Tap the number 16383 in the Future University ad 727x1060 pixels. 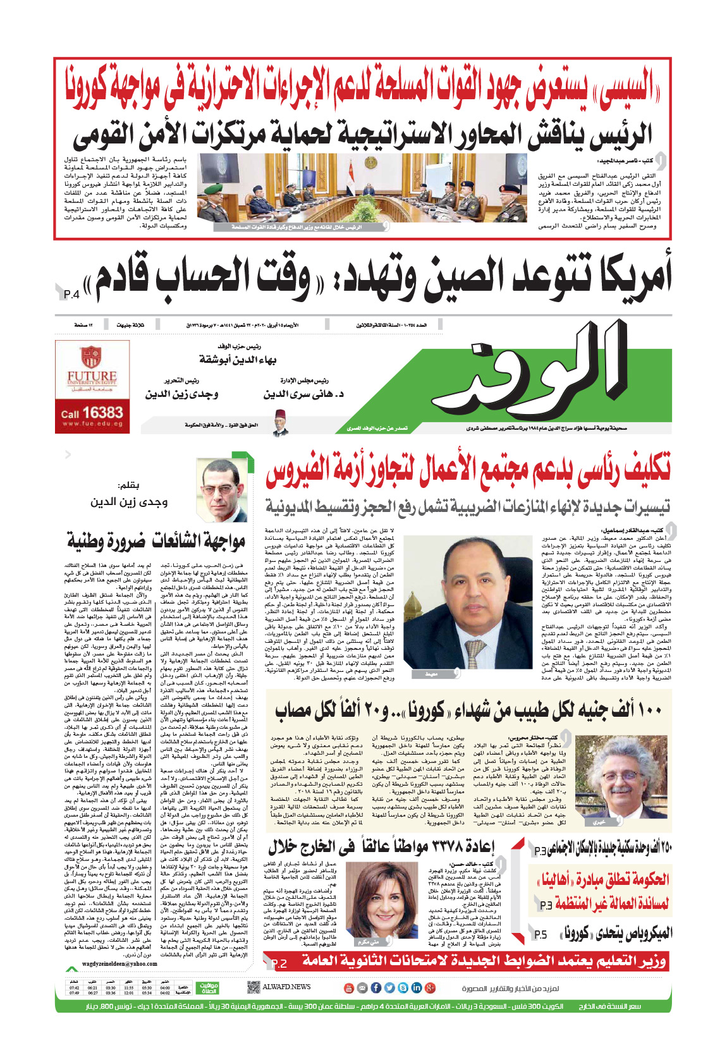[101, 413]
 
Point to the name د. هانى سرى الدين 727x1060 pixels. [303, 394]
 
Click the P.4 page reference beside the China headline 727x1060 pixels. [71, 294]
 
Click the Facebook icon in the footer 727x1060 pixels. [376, 987]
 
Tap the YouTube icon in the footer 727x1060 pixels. [348, 987]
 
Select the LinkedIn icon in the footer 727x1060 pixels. [417, 987]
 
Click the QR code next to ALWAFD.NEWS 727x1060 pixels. [253, 987]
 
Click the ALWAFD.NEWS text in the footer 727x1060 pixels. [287, 987]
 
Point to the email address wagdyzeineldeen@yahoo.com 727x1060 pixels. [119, 964]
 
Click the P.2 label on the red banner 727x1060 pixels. [279, 963]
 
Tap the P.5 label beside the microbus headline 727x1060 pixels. [541, 934]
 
